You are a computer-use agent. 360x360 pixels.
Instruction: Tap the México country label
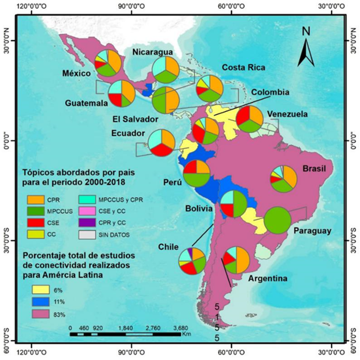76,74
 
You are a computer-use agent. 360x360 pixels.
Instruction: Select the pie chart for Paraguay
277,221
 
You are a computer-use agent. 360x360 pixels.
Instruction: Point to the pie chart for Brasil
283,179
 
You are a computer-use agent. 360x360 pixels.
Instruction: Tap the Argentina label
268,279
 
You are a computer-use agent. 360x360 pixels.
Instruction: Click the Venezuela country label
287,114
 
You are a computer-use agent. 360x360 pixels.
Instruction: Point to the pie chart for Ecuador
161,142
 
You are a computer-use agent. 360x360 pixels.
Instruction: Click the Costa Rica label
243,67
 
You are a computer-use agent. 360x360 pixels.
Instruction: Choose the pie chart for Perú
196,173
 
